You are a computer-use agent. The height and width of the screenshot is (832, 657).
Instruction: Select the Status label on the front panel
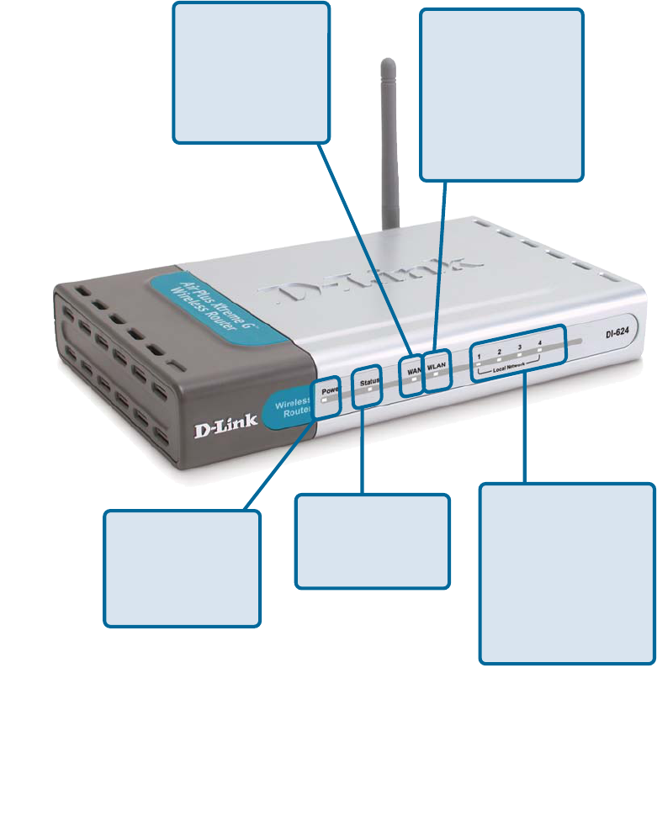tap(369, 382)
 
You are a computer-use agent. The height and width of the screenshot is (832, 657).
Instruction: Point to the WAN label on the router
tap(412, 368)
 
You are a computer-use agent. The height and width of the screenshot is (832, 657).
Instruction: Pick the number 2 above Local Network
tap(500, 351)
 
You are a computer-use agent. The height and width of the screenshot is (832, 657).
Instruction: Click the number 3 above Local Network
tap(521, 347)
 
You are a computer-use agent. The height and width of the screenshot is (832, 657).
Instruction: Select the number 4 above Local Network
tap(539, 342)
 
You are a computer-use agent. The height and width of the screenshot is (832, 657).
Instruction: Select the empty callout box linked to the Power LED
tap(182, 568)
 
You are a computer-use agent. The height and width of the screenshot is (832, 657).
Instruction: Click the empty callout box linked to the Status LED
tap(373, 541)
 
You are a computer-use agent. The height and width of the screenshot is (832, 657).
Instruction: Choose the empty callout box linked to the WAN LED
tap(251, 72)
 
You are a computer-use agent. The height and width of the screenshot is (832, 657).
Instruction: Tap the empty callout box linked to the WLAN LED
tap(501, 94)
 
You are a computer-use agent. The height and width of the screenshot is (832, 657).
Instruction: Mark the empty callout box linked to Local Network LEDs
tap(567, 573)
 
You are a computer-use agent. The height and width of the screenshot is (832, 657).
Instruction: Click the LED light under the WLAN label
tap(436, 375)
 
